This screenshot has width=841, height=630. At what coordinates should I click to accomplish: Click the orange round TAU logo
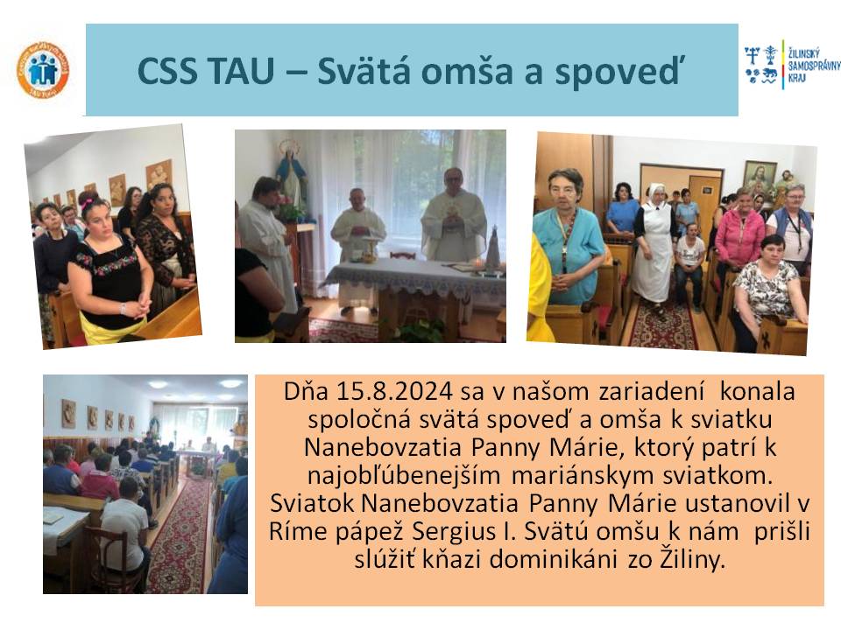click(x=43, y=71)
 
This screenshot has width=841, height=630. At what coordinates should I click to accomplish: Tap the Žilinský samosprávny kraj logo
click(x=792, y=66)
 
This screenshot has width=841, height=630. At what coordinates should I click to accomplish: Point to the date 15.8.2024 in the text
click(x=395, y=392)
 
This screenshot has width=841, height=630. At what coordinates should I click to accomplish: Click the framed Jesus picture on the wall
click(x=759, y=177)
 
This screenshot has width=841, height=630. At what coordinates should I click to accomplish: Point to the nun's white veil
click(x=656, y=192)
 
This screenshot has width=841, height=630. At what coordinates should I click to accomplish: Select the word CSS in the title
click(x=166, y=71)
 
